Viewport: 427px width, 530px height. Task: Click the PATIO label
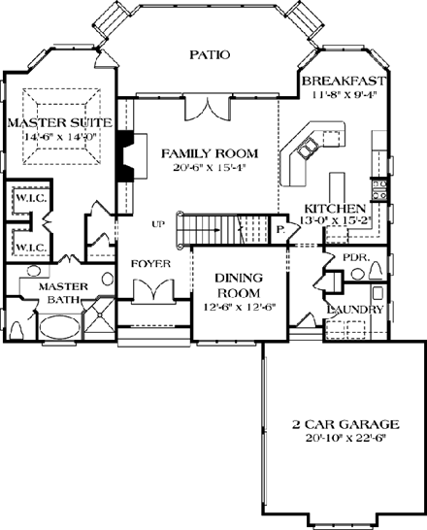[210, 54]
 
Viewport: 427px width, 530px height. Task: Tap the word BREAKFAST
[345, 80]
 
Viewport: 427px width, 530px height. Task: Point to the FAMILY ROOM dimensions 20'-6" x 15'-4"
[210, 167]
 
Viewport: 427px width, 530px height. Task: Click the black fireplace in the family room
[123, 156]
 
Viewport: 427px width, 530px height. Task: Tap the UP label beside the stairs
[158, 224]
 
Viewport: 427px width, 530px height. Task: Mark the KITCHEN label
[335, 209]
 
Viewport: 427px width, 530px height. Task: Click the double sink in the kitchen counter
[308, 149]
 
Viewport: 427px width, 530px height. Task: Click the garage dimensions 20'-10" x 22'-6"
[345, 438]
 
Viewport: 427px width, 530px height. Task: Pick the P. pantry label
[279, 230]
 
